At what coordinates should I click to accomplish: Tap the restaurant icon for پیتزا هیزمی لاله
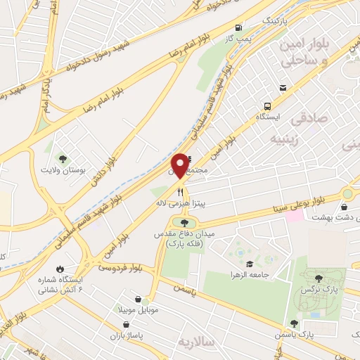click(x=181, y=191)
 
